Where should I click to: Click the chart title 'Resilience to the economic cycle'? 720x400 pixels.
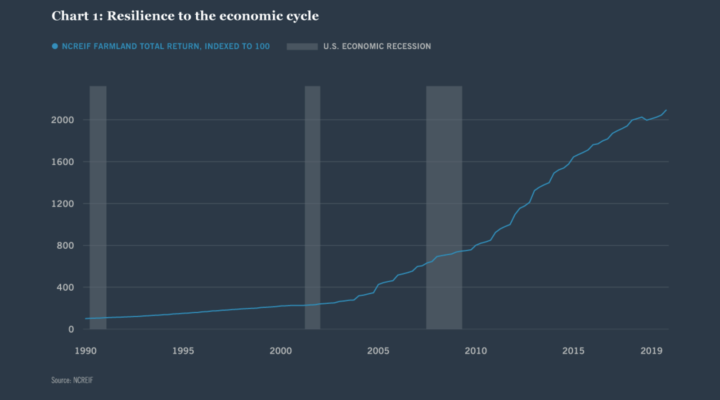[185, 16]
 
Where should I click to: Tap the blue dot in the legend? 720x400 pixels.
[55, 46]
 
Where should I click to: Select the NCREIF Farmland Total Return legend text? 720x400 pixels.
[166, 46]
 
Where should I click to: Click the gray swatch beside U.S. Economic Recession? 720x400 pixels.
[302, 46]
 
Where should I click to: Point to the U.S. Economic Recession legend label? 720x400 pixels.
[377, 46]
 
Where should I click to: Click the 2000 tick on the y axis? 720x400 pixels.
[63, 120]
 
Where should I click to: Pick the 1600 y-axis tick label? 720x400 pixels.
[63, 162]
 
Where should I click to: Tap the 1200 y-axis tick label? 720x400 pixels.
[63, 204]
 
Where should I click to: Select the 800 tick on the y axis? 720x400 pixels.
[65, 246]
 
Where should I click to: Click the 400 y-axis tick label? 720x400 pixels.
[65, 288]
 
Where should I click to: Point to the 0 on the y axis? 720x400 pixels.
[71, 329]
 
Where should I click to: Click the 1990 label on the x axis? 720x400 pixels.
[85, 351]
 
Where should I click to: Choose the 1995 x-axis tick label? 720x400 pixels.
[183, 351]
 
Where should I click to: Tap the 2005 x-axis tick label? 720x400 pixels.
[378, 351]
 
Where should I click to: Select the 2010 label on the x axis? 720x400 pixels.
[476, 351]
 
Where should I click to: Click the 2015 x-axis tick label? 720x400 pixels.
[573, 351]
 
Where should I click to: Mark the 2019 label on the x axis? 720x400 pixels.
[651, 351]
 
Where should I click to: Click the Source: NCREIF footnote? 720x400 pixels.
[72, 381]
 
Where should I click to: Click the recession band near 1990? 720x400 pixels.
[98, 207]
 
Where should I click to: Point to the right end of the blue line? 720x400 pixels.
[666, 110]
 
